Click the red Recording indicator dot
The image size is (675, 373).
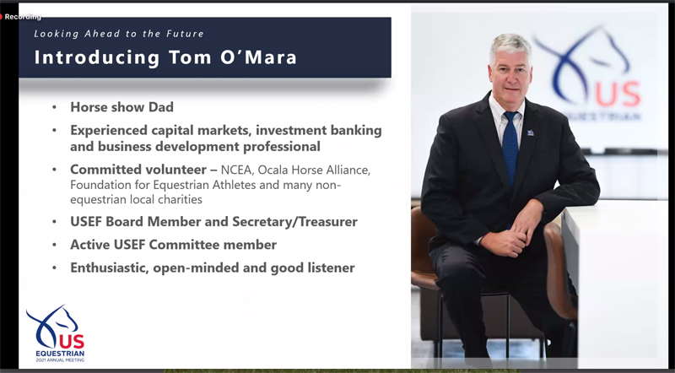coord(2,17)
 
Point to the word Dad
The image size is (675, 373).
coord(161,107)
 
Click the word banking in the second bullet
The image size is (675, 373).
coord(355,130)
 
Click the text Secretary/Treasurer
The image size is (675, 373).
coord(294,222)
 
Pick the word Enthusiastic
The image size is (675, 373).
coord(110,268)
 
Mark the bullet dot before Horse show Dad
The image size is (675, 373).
coord(54,107)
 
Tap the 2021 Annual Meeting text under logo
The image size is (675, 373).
coord(60,359)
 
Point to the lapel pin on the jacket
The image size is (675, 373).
coord(531,132)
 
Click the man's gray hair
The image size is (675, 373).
coord(511,43)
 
